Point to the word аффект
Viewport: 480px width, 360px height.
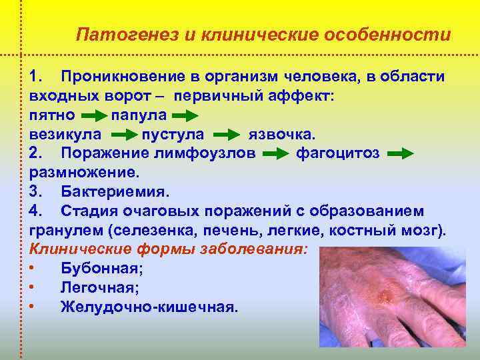coord(307,96)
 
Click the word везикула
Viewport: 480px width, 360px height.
coord(66,134)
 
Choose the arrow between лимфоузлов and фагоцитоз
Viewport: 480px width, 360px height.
coord(275,154)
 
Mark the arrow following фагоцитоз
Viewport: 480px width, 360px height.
coord(400,154)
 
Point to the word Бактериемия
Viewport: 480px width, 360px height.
coord(115,192)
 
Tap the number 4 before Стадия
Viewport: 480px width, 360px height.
coord(35,211)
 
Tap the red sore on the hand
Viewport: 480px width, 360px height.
coord(385,292)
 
